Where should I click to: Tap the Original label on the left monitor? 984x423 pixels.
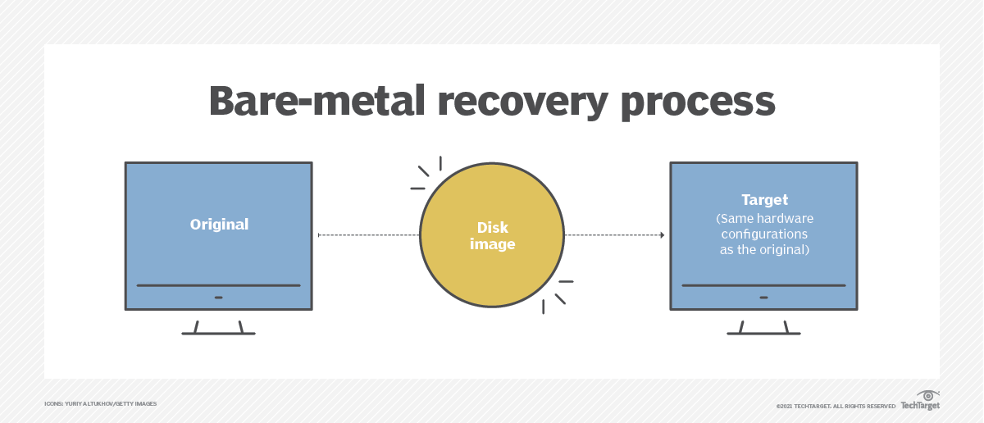[219, 224]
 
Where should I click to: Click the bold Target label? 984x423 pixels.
[764, 199]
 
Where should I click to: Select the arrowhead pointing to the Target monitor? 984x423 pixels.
[661, 235]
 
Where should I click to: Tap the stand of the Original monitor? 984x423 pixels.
[218, 327]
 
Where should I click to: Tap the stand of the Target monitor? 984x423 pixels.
[763, 327]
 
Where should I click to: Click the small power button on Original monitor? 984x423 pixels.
[218, 297]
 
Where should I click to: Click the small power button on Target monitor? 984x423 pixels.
[763, 297]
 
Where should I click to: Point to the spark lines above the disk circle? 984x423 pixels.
[427, 173]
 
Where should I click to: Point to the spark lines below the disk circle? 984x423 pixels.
[557, 296]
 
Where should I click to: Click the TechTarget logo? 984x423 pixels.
[920, 401]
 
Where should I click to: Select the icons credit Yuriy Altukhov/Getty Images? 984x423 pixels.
[100, 404]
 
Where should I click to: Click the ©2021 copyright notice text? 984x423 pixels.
[836, 406]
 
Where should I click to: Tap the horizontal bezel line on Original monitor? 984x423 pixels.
[218, 285]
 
